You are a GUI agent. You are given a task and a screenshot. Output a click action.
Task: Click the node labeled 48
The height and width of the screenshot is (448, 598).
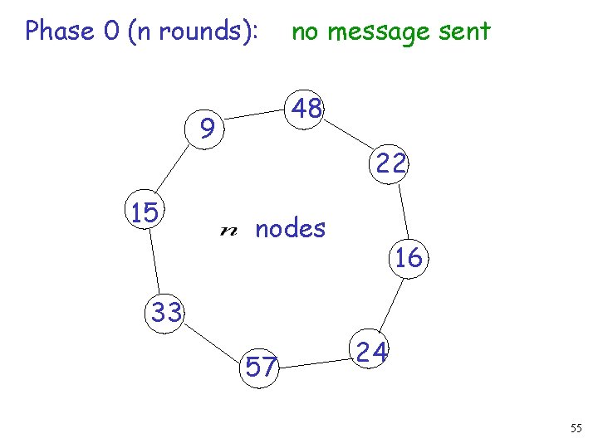pyautogui.click(x=306, y=109)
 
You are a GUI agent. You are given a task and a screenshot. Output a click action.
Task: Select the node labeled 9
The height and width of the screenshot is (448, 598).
pyautogui.click(x=208, y=129)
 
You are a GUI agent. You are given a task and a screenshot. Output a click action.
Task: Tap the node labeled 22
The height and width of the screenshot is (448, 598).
pyautogui.click(x=390, y=163)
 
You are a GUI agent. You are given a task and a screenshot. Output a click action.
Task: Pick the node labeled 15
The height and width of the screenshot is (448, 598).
pyautogui.click(x=145, y=213)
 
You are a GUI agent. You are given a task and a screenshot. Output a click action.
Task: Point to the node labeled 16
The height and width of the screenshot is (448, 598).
pyautogui.click(x=409, y=258)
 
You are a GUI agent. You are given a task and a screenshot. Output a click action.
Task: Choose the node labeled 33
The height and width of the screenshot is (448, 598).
pyautogui.click(x=165, y=313)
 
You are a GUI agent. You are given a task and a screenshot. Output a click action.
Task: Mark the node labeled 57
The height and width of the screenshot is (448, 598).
pyautogui.click(x=260, y=366)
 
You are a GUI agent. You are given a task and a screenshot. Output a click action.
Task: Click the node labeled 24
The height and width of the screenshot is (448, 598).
pyautogui.click(x=372, y=353)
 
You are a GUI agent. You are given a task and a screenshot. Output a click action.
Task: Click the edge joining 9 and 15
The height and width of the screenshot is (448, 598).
pyautogui.click(x=174, y=172)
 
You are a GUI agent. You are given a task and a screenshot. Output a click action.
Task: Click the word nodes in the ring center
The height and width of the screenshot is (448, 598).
pyautogui.click(x=290, y=227)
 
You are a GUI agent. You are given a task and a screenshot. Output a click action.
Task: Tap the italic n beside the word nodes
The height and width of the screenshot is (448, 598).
pyautogui.click(x=228, y=230)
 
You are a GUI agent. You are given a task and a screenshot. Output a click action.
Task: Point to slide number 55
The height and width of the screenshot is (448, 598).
pyautogui.click(x=576, y=428)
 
